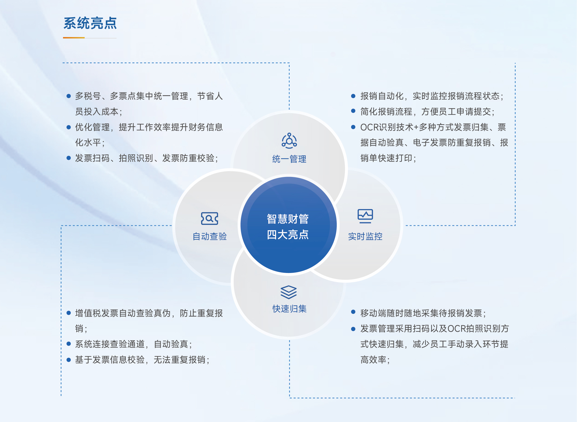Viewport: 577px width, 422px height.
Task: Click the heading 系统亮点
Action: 90,23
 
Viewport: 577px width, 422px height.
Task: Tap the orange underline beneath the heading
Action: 74,38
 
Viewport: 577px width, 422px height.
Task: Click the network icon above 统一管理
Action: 289,141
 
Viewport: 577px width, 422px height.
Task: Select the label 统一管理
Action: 289,159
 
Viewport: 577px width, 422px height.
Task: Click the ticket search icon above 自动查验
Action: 210,218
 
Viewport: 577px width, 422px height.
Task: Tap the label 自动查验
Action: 210,236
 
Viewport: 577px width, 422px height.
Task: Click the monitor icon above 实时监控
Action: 365,216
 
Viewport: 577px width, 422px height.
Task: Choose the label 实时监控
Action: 365,236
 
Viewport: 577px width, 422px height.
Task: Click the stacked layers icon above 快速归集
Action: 289,292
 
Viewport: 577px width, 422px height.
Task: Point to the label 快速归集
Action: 289,309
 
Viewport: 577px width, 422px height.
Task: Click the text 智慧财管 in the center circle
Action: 288,219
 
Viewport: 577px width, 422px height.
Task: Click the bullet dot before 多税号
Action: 68,96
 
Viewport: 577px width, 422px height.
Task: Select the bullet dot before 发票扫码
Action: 68,158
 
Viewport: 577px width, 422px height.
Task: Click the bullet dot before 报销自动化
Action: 353,96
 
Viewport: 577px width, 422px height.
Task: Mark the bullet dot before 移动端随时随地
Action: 353,312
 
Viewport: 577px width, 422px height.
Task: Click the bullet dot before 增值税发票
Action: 68,313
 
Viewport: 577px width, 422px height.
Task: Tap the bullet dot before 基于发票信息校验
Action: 68,360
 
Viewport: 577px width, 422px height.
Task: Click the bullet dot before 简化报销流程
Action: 353,111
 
